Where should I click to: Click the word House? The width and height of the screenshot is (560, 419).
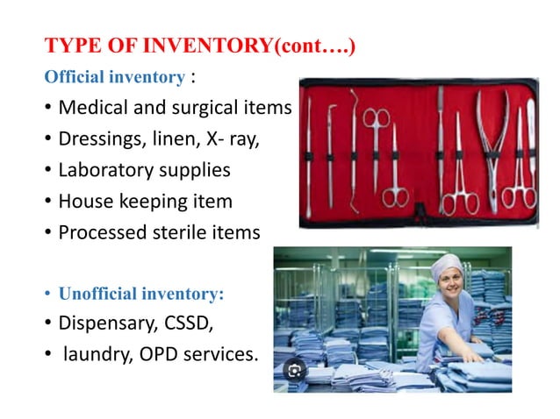click(83, 201)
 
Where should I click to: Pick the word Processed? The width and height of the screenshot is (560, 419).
click(98, 232)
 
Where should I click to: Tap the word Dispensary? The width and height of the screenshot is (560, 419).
click(104, 323)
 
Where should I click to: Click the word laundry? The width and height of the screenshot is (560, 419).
click(92, 356)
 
